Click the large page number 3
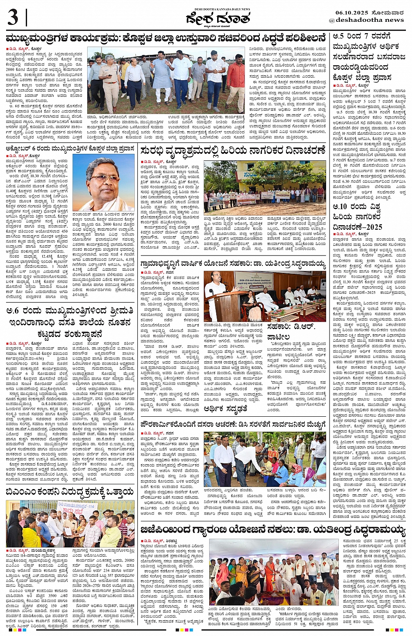pyautogui.click(x=13, y=18)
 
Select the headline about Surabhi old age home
pyautogui.click(x=233, y=151)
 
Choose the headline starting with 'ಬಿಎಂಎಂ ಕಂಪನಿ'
pyautogui.click(x=70, y=492)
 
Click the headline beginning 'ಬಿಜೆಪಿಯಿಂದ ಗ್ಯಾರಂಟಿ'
pyautogui.click(x=273, y=530)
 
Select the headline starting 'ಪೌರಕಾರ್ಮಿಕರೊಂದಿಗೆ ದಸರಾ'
pyautogui.click(x=233, y=424)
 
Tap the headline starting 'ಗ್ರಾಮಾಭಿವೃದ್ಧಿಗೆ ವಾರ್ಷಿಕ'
pyautogui.click(x=233, y=263)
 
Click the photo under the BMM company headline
pyautogui.click(x=70, y=524)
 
